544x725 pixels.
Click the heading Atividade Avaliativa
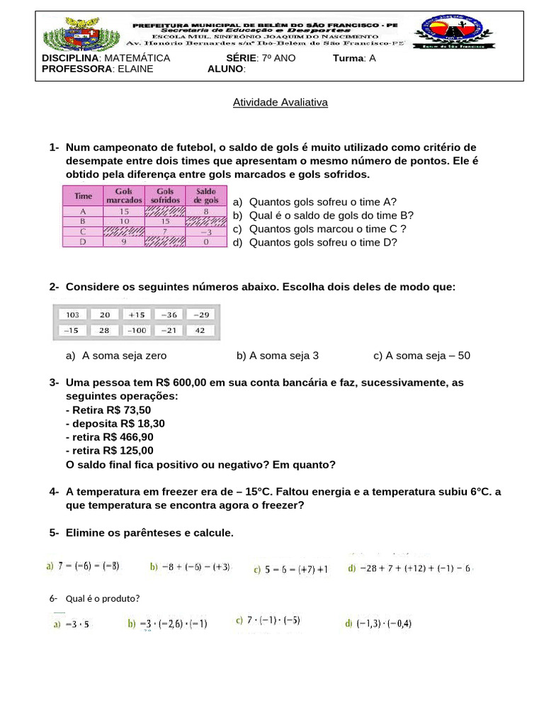[280, 103]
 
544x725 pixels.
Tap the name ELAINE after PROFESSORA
[135, 69]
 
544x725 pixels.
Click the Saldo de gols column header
[206, 195]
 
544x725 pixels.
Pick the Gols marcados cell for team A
[124, 211]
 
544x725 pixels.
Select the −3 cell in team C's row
[206, 232]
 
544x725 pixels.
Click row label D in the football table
[83, 241]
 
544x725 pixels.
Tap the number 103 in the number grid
[73, 314]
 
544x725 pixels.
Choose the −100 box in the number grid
[137, 331]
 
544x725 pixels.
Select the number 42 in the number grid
[200, 331]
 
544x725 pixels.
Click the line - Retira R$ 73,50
[108, 410]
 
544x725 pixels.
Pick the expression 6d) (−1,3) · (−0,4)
[378, 624]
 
